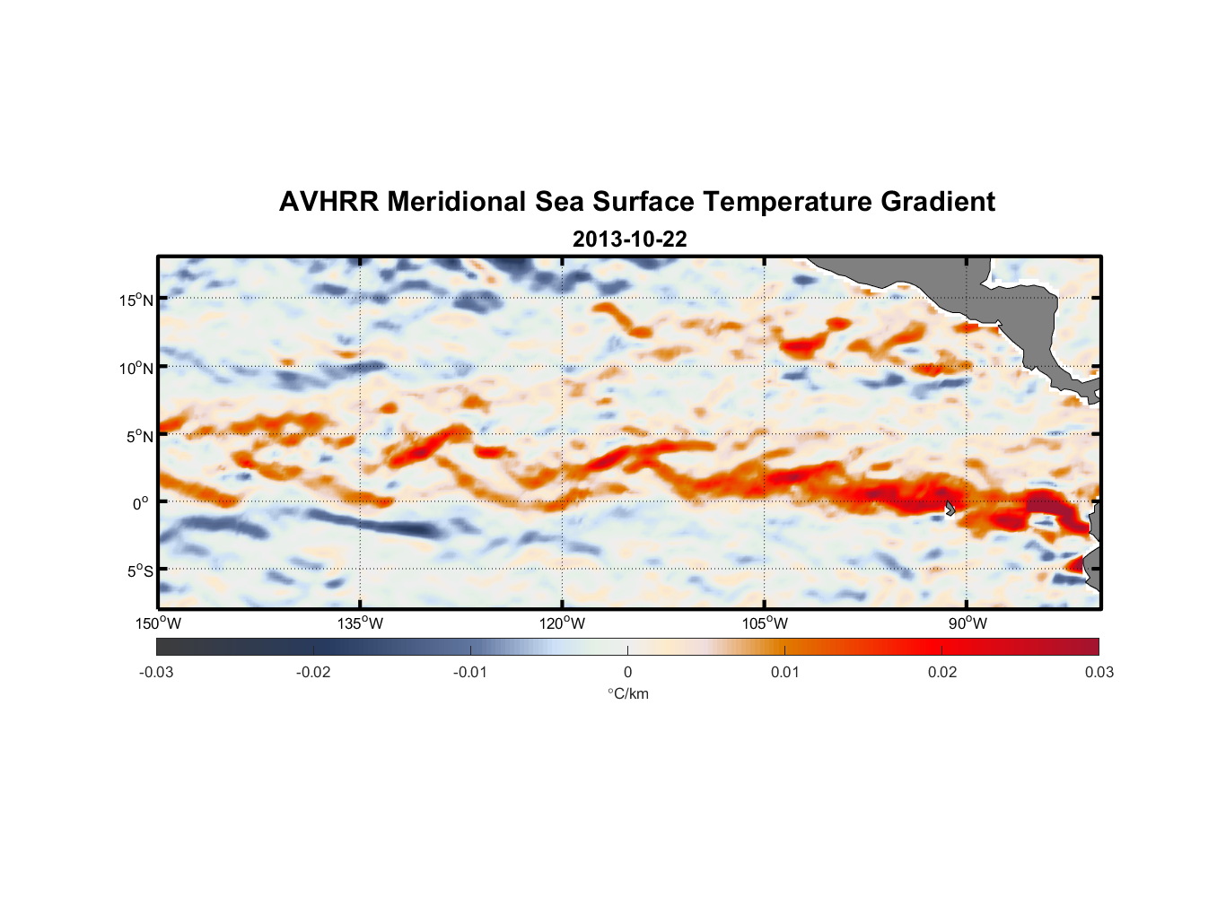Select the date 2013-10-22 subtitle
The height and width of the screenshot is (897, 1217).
tap(629, 239)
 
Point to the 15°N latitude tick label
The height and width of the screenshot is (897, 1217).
tap(136, 300)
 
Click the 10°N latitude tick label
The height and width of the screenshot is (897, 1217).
tap(136, 368)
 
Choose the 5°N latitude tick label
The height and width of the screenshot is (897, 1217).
tap(139, 436)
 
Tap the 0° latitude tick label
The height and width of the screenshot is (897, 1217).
tap(142, 503)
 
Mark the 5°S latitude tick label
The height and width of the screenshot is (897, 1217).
tap(139, 571)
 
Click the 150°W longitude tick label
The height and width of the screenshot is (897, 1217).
tap(158, 623)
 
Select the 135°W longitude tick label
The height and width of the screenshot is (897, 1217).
tap(361, 623)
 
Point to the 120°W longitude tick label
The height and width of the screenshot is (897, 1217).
tap(563, 623)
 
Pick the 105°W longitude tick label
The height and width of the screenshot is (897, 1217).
tap(765, 623)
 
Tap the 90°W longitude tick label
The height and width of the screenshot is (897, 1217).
tap(967, 623)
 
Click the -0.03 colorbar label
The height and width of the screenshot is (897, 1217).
tap(156, 672)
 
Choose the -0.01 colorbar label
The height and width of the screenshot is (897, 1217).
tap(470, 672)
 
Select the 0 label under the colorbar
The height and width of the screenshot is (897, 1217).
tap(627, 672)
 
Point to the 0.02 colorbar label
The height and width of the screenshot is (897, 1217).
tap(942, 672)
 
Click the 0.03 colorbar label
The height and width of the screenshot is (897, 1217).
tap(1099, 672)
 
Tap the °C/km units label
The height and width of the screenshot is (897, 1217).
tap(628, 693)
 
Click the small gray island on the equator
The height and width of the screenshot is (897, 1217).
tap(950, 509)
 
